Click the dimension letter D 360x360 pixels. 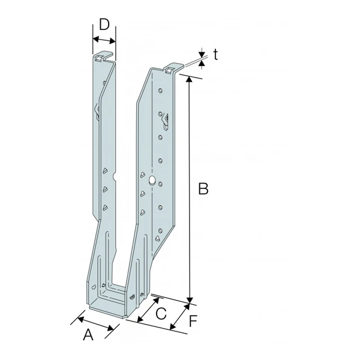[104, 25]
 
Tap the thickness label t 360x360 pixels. [214, 55]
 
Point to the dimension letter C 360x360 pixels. [161, 313]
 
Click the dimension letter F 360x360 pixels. [193, 322]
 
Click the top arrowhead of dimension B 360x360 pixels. [190, 80]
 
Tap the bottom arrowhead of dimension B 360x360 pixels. [190, 300]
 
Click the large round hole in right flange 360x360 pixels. [152, 179]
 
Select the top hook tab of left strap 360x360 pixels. [103, 58]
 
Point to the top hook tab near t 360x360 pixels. [173, 68]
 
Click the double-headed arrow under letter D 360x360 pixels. [103, 40]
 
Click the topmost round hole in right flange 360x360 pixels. [160, 89]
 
